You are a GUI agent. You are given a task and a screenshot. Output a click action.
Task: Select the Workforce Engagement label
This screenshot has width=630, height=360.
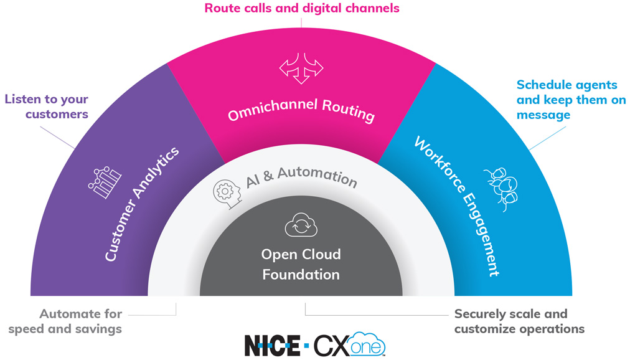point(458,206)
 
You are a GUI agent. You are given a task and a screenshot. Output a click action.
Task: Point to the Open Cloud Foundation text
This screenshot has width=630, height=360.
point(301,264)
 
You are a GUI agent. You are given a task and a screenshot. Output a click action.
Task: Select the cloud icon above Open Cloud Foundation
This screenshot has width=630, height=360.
point(301,225)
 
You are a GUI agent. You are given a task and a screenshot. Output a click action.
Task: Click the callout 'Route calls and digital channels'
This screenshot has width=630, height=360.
point(302,9)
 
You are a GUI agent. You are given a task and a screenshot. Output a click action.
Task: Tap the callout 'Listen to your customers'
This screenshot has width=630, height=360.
point(47,107)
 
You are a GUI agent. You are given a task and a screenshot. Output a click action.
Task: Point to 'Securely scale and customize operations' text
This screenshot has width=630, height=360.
point(519,321)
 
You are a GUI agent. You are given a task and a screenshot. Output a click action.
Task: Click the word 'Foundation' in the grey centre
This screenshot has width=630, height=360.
point(301,274)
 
